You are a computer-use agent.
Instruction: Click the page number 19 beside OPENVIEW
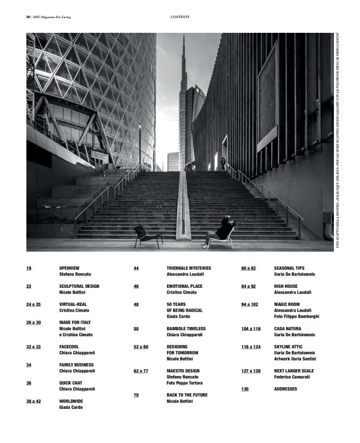(29, 268)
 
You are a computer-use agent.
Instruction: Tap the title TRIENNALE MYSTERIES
(189, 268)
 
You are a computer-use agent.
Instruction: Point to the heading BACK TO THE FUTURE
(187, 395)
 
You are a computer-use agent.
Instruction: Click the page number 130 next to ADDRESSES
(245, 389)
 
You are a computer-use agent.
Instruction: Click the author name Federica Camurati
(294, 377)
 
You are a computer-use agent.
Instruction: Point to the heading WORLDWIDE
(71, 401)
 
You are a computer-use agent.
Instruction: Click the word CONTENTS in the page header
(179, 17)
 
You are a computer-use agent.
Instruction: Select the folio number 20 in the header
(29, 17)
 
